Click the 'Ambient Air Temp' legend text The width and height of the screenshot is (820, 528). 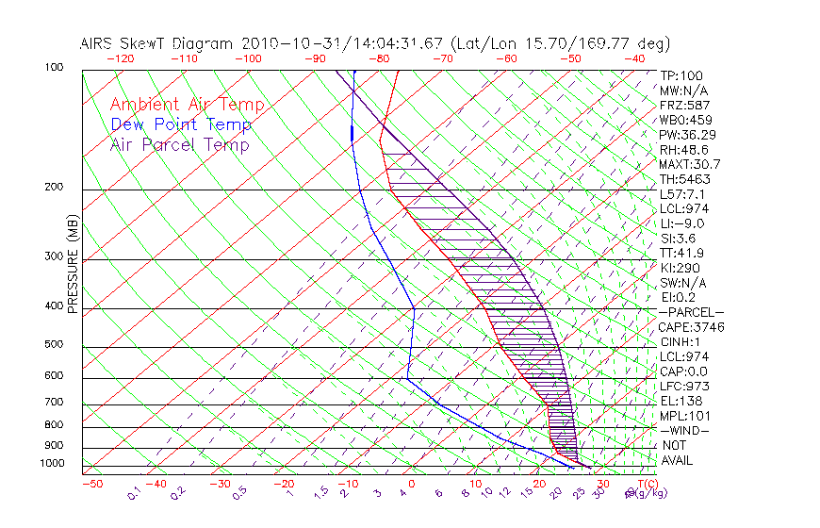187,105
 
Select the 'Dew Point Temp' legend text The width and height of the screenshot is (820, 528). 181,124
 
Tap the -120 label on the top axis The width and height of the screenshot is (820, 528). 120,58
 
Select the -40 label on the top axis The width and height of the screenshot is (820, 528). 634,58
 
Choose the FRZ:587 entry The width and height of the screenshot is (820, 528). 684,106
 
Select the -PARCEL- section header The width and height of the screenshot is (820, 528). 691,312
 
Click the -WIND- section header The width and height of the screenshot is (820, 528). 685,430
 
